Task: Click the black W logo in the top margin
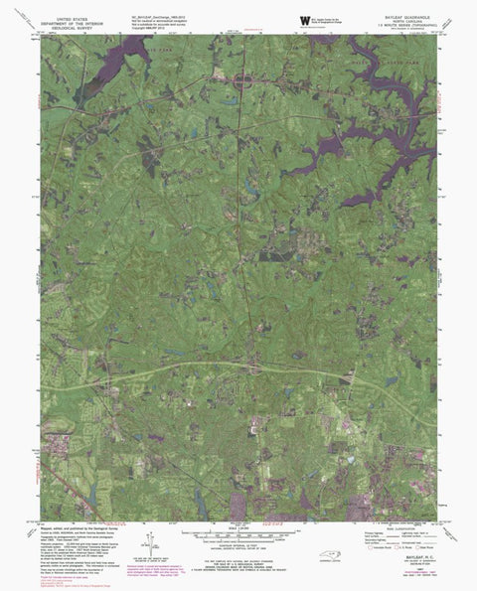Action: (305, 19)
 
